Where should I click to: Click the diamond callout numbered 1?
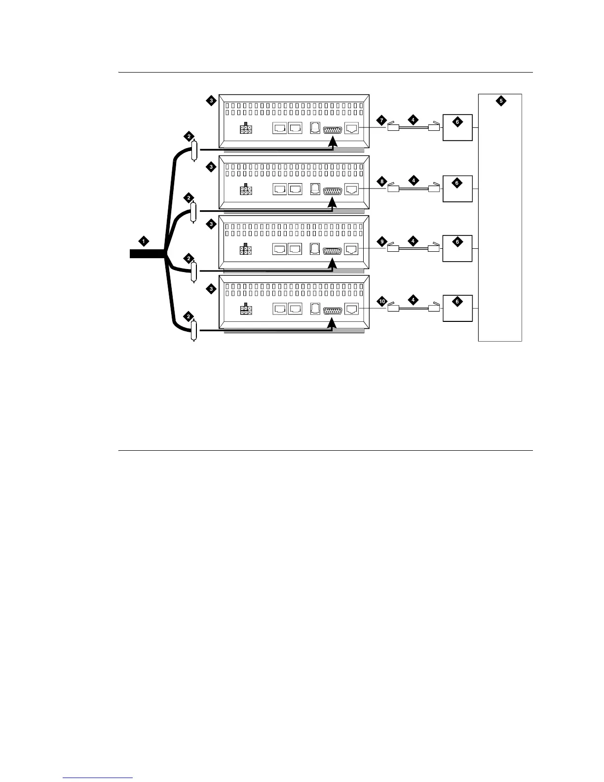click(144, 241)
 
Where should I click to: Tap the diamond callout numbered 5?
click(500, 101)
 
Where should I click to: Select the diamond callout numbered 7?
click(381, 120)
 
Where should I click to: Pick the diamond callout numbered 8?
click(381, 181)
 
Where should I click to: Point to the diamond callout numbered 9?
click(381, 241)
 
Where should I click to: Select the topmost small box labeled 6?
click(457, 127)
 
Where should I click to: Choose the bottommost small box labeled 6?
click(457, 308)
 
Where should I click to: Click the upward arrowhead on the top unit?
click(333, 141)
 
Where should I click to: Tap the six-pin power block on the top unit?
click(246, 129)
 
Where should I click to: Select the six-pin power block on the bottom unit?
click(246, 310)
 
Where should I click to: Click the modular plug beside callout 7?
click(393, 128)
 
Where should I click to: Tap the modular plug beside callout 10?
click(393, 309)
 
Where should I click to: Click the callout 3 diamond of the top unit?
click(211, 101)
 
